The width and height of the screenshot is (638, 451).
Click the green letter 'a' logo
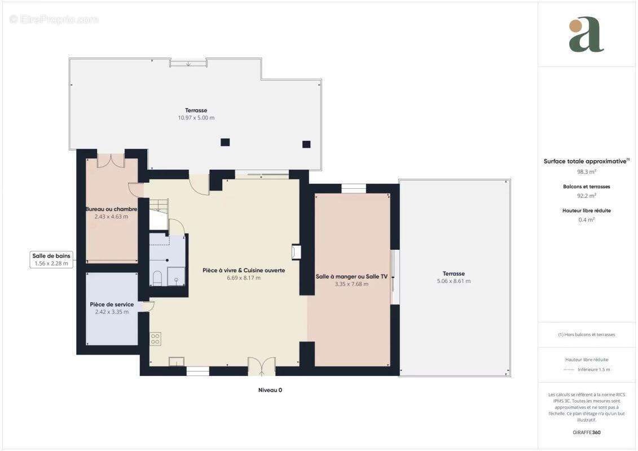(x=586, y=34)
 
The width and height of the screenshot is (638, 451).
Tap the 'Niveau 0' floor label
(x=270, y=390)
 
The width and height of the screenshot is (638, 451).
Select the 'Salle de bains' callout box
(x=51, y=259)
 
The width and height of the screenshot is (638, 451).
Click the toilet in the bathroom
(x=157, y=278)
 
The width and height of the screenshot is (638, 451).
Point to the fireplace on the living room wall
(x=296, y=252)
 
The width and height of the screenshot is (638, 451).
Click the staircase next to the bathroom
(x=159, y=214)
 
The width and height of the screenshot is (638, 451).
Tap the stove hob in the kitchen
(x=156, y=339)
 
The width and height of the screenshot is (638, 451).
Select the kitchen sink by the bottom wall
(x=177, y=361)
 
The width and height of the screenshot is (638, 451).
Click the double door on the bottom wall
(x=262, y=366)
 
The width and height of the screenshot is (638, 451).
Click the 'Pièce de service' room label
(x=112, y=304)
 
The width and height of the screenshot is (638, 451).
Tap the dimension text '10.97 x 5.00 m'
(x=196, y=118)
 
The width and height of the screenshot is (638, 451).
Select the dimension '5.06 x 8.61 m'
(x=454, y=281)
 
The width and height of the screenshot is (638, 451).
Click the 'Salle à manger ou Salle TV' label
(x=351, y=277)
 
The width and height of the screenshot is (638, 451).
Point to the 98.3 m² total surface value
(x=586, y=171)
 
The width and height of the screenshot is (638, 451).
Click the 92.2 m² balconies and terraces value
(x=586, y=196)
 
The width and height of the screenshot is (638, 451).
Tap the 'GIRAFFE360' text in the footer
(x=586, y=432)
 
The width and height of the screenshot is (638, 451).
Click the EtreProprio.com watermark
(x=54, y=20)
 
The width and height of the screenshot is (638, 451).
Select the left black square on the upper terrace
(x=225, y=142)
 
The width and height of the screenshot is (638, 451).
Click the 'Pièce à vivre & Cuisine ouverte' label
(x=244, y=271)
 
